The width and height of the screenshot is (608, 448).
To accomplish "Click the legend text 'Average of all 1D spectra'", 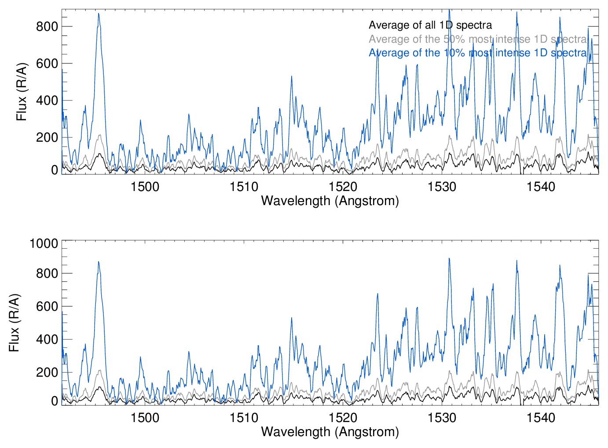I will pyautogui.click(x=430, y=25).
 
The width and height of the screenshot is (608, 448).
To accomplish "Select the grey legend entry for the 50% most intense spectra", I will pyautogui.click(x=478, y=39).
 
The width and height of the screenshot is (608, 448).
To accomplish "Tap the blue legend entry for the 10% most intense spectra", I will pyautogui.click(x=478, y=53).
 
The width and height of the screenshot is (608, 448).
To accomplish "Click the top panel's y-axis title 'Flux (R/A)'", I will pyautogui.click(x=22, y=92).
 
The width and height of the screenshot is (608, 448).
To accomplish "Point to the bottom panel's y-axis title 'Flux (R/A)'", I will pyautogui.click(x=14, y=323).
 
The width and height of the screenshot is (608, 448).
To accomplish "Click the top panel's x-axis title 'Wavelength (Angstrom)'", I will pyautogui.click(x=330, y=201).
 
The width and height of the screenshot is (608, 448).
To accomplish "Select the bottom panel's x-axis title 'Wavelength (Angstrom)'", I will pyautogui.click(x=330, y=432).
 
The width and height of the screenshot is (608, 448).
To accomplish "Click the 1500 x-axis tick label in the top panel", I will pyautogui.click(x=145, y=187).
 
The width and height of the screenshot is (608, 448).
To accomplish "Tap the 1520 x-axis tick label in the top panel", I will pyautogui.click(x=343, y=187).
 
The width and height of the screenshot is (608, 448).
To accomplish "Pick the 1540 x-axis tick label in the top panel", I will pyautogui.click(x=541, y=187).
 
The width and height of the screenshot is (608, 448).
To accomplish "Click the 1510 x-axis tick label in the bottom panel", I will pyautogui.click(x=244, y=417).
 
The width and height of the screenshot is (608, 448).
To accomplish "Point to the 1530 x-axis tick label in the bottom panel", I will pyautogui.click(x=442, y=417).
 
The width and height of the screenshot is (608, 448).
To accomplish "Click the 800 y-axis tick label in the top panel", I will pyautogui.click(x=47, y=26).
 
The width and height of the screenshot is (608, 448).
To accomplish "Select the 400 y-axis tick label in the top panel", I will pyautogui.click(x=47, y=100).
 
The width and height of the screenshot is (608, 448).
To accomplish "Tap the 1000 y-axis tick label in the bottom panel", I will pyautogui.click(x=44, y=243).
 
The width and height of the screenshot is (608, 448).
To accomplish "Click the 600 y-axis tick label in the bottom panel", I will pyautogui.click(x=47, y=306).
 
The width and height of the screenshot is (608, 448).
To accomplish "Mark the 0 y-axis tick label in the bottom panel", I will pyautogui.click(x=55, y=401).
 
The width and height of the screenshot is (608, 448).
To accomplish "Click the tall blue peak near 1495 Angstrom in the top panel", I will pyautogui.click(x=99, y=14).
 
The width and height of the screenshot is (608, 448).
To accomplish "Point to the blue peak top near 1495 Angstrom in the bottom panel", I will pyautogui.click(x=99, y=262).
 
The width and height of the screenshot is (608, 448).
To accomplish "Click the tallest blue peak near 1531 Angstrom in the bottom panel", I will pyautogui.click(x=449, y=258).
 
